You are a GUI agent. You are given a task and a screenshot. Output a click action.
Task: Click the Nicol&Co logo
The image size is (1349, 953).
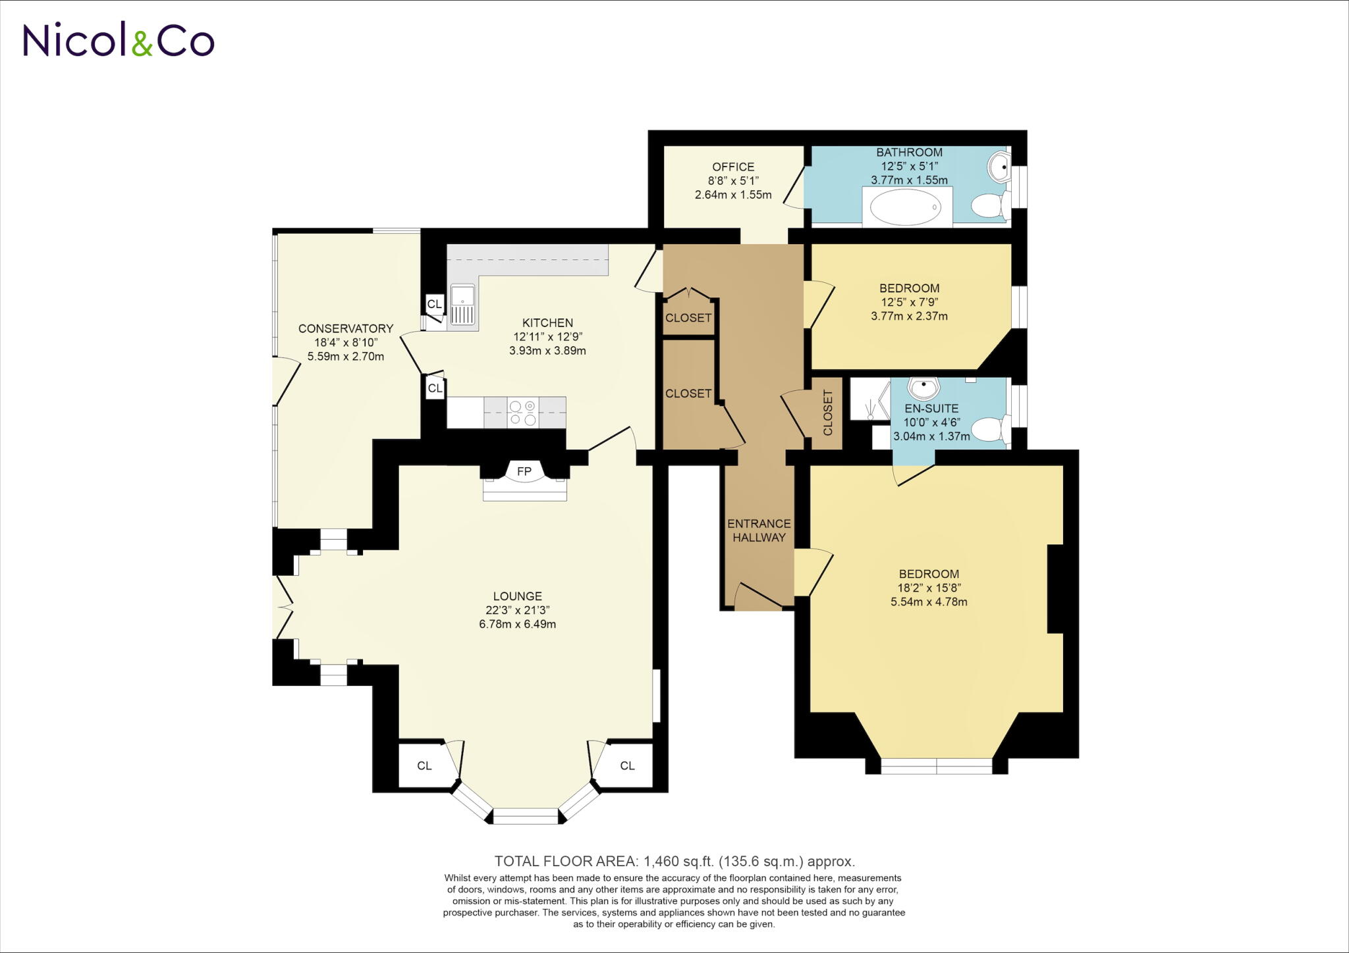click(119, 40)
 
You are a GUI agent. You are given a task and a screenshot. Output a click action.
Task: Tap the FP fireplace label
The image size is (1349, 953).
click(524, 471)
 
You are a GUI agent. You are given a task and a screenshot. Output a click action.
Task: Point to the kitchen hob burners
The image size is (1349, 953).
click(523, 413)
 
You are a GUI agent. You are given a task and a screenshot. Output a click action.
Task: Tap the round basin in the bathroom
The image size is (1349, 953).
click(999, 166)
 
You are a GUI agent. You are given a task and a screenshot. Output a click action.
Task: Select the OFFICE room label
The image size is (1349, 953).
click(733, 167)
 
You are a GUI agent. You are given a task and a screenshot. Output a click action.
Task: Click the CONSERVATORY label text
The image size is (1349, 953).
click(346, 328)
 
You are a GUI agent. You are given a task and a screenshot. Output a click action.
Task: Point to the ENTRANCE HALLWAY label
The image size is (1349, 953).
click(759, 530)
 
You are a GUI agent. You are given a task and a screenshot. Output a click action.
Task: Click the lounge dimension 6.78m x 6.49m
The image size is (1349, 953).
click(517, 624)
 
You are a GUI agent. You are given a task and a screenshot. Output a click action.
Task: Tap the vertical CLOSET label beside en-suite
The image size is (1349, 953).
click(828, 413)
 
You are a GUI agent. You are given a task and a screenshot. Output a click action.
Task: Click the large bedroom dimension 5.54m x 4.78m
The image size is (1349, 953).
click(929, 602)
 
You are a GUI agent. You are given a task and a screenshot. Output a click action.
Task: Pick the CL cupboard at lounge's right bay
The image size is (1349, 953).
click(627, 765)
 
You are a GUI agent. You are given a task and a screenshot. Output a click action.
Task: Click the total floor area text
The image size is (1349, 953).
click(674, 861)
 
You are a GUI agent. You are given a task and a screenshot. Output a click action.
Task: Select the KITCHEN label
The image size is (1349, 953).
click(547, 322)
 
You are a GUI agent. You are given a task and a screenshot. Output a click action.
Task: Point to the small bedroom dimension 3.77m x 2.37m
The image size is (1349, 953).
click(909, 316)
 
